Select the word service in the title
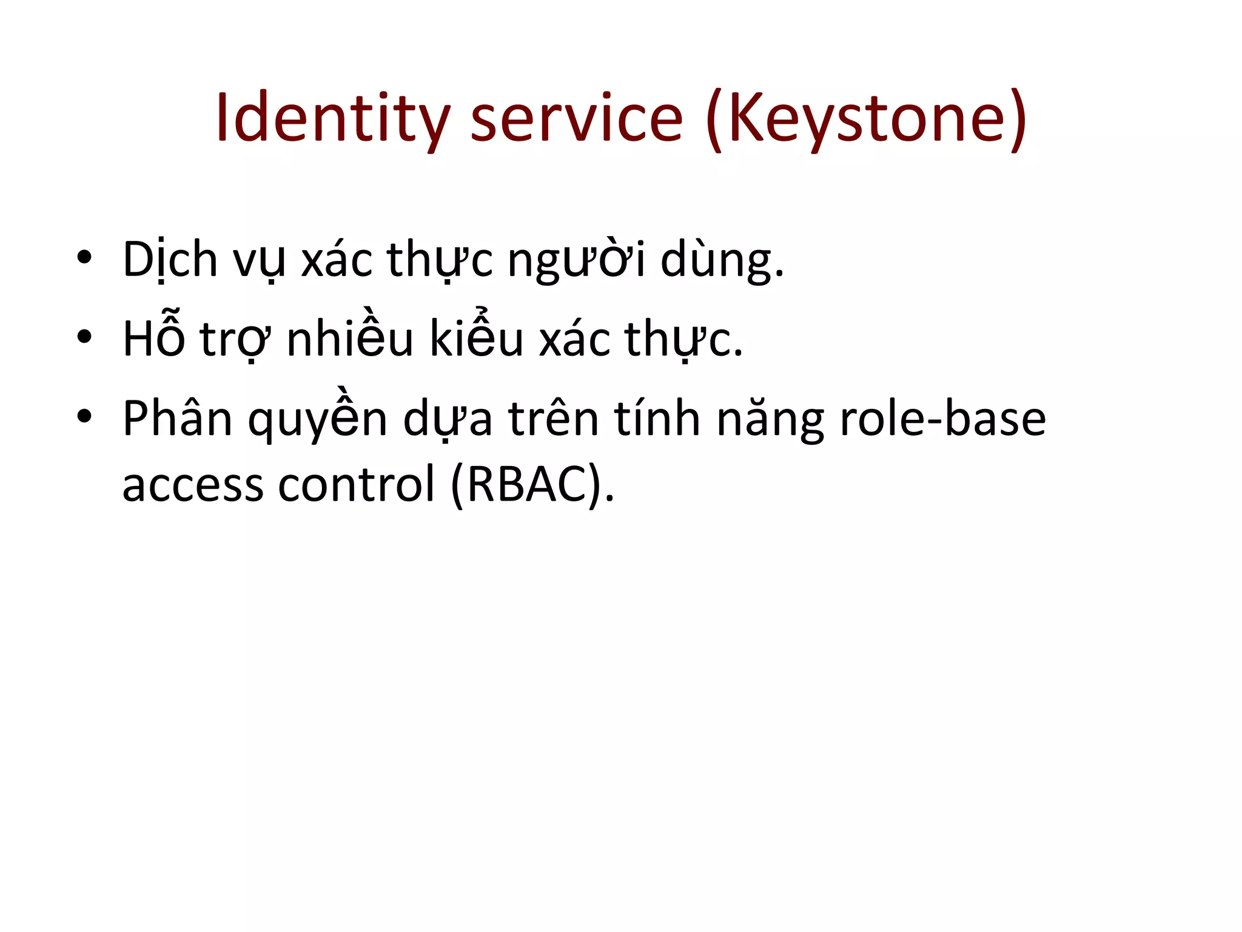point(577,118)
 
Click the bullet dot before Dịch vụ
point(84,257)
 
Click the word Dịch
point(170,260)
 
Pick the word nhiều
point(350,339)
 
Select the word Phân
point(177,419)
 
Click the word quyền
point(317,419)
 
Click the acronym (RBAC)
point(532,484)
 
